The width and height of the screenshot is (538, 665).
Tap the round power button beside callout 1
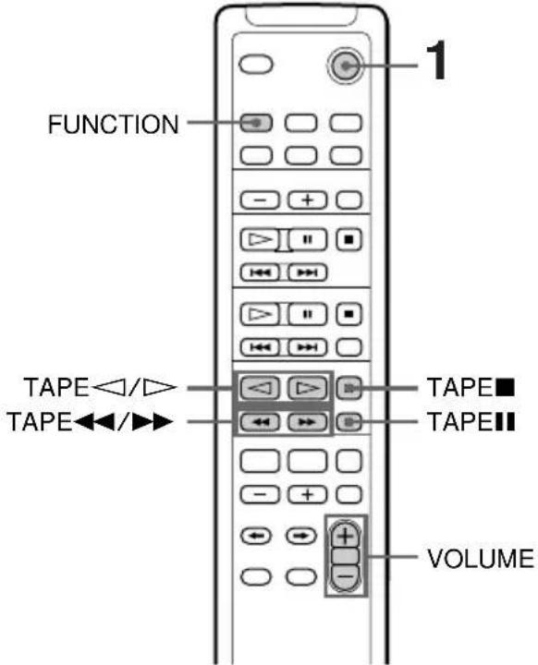tap(345, 65)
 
